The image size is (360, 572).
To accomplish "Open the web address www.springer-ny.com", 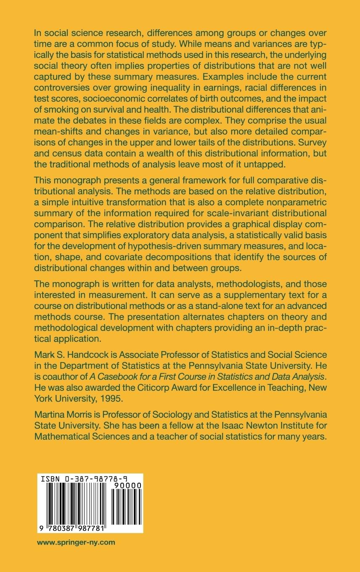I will click(76, 543).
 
